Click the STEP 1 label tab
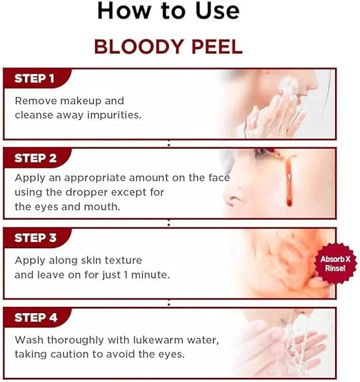pyautogui.click(x=37, y=79)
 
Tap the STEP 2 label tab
pyautogui.click(x=37, y=158)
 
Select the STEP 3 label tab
pyautogui.click(x=37, y=238)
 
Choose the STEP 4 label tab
pyautogui.click(x=37, y=317)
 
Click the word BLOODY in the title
pyautogui.click(x=139, y=46)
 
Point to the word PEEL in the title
pyautogui.click(x=217, y=46)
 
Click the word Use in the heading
pyautogui.click(x=217, y=11)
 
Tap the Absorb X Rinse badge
pyautogui.click(x=335, y=263)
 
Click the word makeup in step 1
pyautogui.click(x=81, y=101)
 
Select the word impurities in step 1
pyautogui.click(x=114, y=115)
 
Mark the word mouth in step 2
pyautogui.click(x=102, y=207)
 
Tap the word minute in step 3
pyautogui.click(x=150, y=275)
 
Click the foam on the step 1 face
pyautogui.click(x=288, y=84)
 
